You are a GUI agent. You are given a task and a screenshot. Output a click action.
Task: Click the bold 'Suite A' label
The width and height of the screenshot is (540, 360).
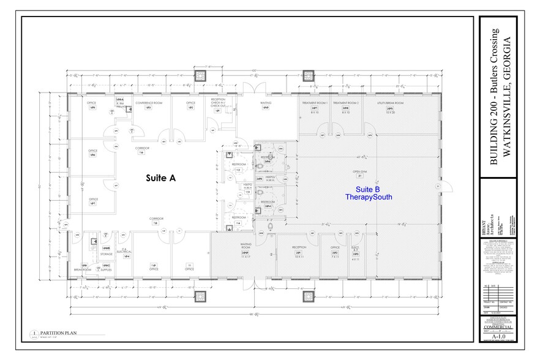[160, 178]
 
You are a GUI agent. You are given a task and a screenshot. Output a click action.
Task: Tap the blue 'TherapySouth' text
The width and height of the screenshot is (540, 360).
[367, 198]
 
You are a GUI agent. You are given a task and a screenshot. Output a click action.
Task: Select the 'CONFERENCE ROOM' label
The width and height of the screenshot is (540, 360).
[148, 102]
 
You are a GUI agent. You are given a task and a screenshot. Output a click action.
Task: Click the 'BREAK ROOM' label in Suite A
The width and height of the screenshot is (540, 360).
[83, 269]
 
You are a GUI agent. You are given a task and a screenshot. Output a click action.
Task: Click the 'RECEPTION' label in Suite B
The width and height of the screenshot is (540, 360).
[299, 248]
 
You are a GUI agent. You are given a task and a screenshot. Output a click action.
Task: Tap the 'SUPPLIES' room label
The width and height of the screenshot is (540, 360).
[106, 269]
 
